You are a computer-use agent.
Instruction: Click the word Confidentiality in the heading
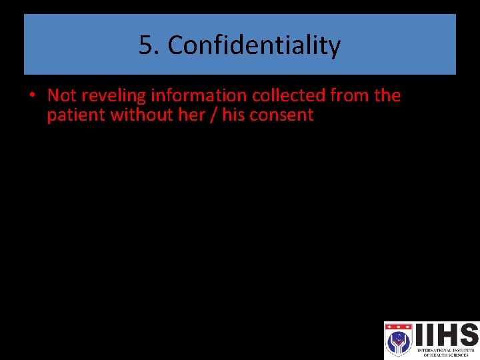coord(254,46)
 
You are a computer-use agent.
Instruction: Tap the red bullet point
coord(32,95)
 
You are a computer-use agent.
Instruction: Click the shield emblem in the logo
coord(399,340)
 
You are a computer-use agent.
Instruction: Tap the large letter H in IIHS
coord(444,335)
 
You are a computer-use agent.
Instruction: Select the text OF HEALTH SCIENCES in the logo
coord(447,355)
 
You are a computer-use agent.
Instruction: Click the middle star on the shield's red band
coord(399,328)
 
